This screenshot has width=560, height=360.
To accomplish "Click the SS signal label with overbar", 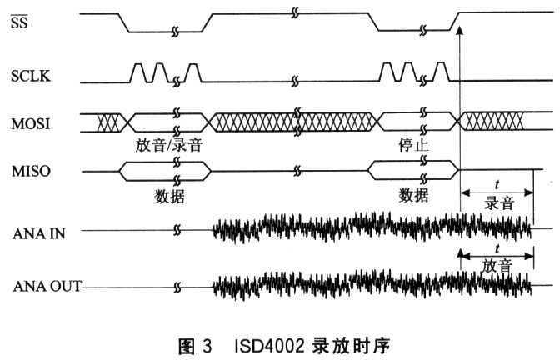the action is click(x=19, y=22).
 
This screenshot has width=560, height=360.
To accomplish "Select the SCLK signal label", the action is click(x=31, y=76).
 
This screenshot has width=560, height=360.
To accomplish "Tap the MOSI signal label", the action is click(x=31, y=124).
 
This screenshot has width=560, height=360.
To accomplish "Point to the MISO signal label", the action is click(x=31, y=172).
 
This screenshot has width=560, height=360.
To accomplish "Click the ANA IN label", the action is click(x=39, y=233).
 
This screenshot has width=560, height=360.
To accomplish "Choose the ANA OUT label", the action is click(x=47, y=286).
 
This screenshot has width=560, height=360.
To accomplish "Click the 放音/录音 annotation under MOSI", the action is click(x=169, y=145).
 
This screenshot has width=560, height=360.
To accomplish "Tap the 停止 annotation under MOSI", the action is click(x=413, y=145).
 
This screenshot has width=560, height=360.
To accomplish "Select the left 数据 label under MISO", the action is click(x=169, y=196).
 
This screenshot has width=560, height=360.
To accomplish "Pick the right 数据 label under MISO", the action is click(x=413, y=195).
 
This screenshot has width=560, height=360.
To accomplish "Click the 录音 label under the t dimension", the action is click(x=499, y=203).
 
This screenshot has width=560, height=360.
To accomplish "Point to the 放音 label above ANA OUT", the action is click(x=497, y=266).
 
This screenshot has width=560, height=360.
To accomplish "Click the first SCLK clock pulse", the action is click(x=138, y=72).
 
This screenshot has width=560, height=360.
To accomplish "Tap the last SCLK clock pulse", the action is click(x=442, y=72).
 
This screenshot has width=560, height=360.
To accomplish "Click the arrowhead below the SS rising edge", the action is click(x=460, y=30).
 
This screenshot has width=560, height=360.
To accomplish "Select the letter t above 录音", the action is click(x=497, y=185).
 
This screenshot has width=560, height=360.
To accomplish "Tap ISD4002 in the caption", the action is click(x=270, y=346).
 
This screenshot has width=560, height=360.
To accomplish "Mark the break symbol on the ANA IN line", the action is click(x=177, y=230).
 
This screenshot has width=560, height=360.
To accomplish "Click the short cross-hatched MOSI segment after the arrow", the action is click(x=492, y=122).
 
